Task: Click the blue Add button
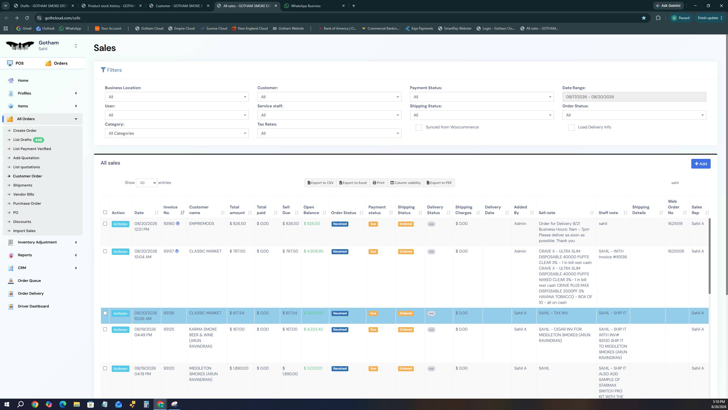(x=701, y=164)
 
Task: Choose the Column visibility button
(x=406, y=183)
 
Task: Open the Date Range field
(x=634, y=97)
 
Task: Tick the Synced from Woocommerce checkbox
(x=419, y=128)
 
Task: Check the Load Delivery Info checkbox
(x=571, y=128)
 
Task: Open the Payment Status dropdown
(x=482, y=97)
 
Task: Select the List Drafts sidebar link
(x=22, y=140)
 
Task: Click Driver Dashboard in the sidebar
(x=33, y=306)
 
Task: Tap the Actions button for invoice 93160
(x=120, y=224)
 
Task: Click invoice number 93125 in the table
(x=169, y=329)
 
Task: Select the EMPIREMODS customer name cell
(x=202, y=224)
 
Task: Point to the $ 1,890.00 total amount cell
(x=239, y=368)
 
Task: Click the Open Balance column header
(x=311, y=210)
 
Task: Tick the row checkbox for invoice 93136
(x=105, y=313)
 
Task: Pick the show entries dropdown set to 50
(x=146, y=183)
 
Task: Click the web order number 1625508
(x=676, y=251)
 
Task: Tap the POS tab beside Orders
(x=15, y=63)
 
